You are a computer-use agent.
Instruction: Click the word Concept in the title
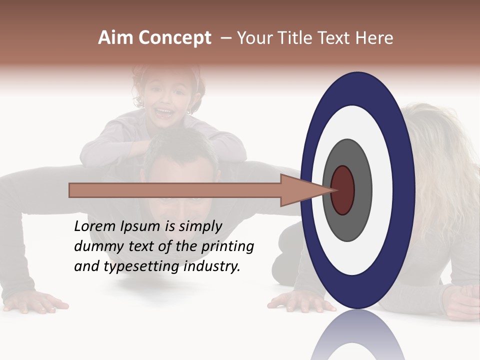[x=175, y=38]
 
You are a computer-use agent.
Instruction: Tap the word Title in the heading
[x=289, y=38]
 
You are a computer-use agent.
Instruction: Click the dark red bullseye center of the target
[x=342, y=190]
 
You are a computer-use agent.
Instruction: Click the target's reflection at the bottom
[x=358, y=337]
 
